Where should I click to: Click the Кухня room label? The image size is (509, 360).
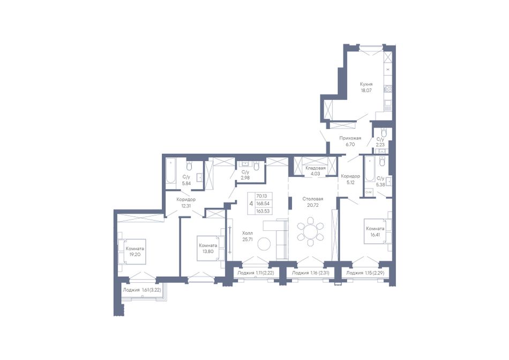tap(366, 85)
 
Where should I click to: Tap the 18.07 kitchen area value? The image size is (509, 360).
tap(366, 91)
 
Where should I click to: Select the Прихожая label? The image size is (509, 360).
tap(350, 138)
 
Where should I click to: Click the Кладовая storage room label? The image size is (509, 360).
tap(316, 168)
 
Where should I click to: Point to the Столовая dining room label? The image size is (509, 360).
tap(312, 199)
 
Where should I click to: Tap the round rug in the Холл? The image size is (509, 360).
tap(264, 244)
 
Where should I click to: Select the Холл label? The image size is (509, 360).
tap(248, 234)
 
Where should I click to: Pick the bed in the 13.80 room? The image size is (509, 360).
tap(211, 249)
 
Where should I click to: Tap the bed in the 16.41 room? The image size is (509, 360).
tap(378, 231)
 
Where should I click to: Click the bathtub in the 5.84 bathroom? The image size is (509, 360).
tap(170, 174)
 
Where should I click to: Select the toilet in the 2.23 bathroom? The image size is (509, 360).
tap(384, 133)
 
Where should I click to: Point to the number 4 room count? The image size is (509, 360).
tap(251, 204)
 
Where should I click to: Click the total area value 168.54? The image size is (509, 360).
tap(263, 204)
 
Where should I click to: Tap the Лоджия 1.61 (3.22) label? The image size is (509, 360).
tap(144, 290)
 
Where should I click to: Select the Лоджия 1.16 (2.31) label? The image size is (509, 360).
tap(311, 273)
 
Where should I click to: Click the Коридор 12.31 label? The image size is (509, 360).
tap(186, 202)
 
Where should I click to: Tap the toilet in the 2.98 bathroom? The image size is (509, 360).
tap(257, 166)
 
